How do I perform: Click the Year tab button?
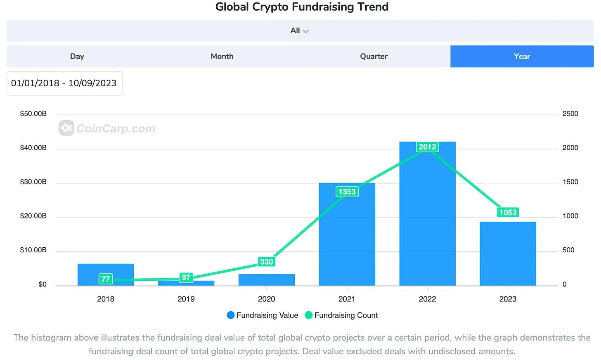point(522,57)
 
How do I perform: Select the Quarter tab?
point(374,57)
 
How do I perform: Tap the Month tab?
point(222,57)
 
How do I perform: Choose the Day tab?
point(77,57)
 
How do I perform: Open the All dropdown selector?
point(300,31)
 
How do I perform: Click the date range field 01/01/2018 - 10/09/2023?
point(64,83)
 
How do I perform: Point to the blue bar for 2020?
point(266,280)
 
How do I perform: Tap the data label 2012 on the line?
point(427,147)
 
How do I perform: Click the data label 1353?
point(347,192)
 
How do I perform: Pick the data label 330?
point(266,262)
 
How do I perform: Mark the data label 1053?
point(508,213)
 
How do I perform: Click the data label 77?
point(106,279)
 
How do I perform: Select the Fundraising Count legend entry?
point(341,315)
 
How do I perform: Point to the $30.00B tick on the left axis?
point(33,182)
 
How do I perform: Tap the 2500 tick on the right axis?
point(570,114)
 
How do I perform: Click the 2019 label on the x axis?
point(186,299)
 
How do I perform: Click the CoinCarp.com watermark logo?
point(107,128)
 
